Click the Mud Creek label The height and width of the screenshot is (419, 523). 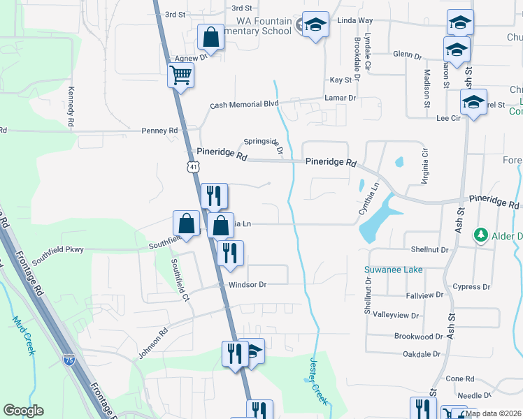coord(22,335)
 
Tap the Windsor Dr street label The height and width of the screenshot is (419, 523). coord(243,285)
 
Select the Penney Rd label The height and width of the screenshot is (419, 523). coord(159,131)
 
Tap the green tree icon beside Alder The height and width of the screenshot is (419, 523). coord(480,233)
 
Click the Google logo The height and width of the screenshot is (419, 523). coord(23,410)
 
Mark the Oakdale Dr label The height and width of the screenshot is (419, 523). coord(422,354)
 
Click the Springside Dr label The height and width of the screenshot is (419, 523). coord(261,143)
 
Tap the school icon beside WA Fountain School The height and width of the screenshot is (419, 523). coord(315,26)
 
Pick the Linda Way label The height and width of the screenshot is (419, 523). coord(355,22)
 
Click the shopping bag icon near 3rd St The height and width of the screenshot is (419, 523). coord(210,36)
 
